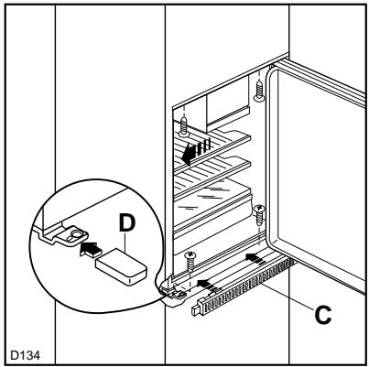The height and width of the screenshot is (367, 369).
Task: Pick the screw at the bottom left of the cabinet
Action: pyautogui.click(x=190, y=260)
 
